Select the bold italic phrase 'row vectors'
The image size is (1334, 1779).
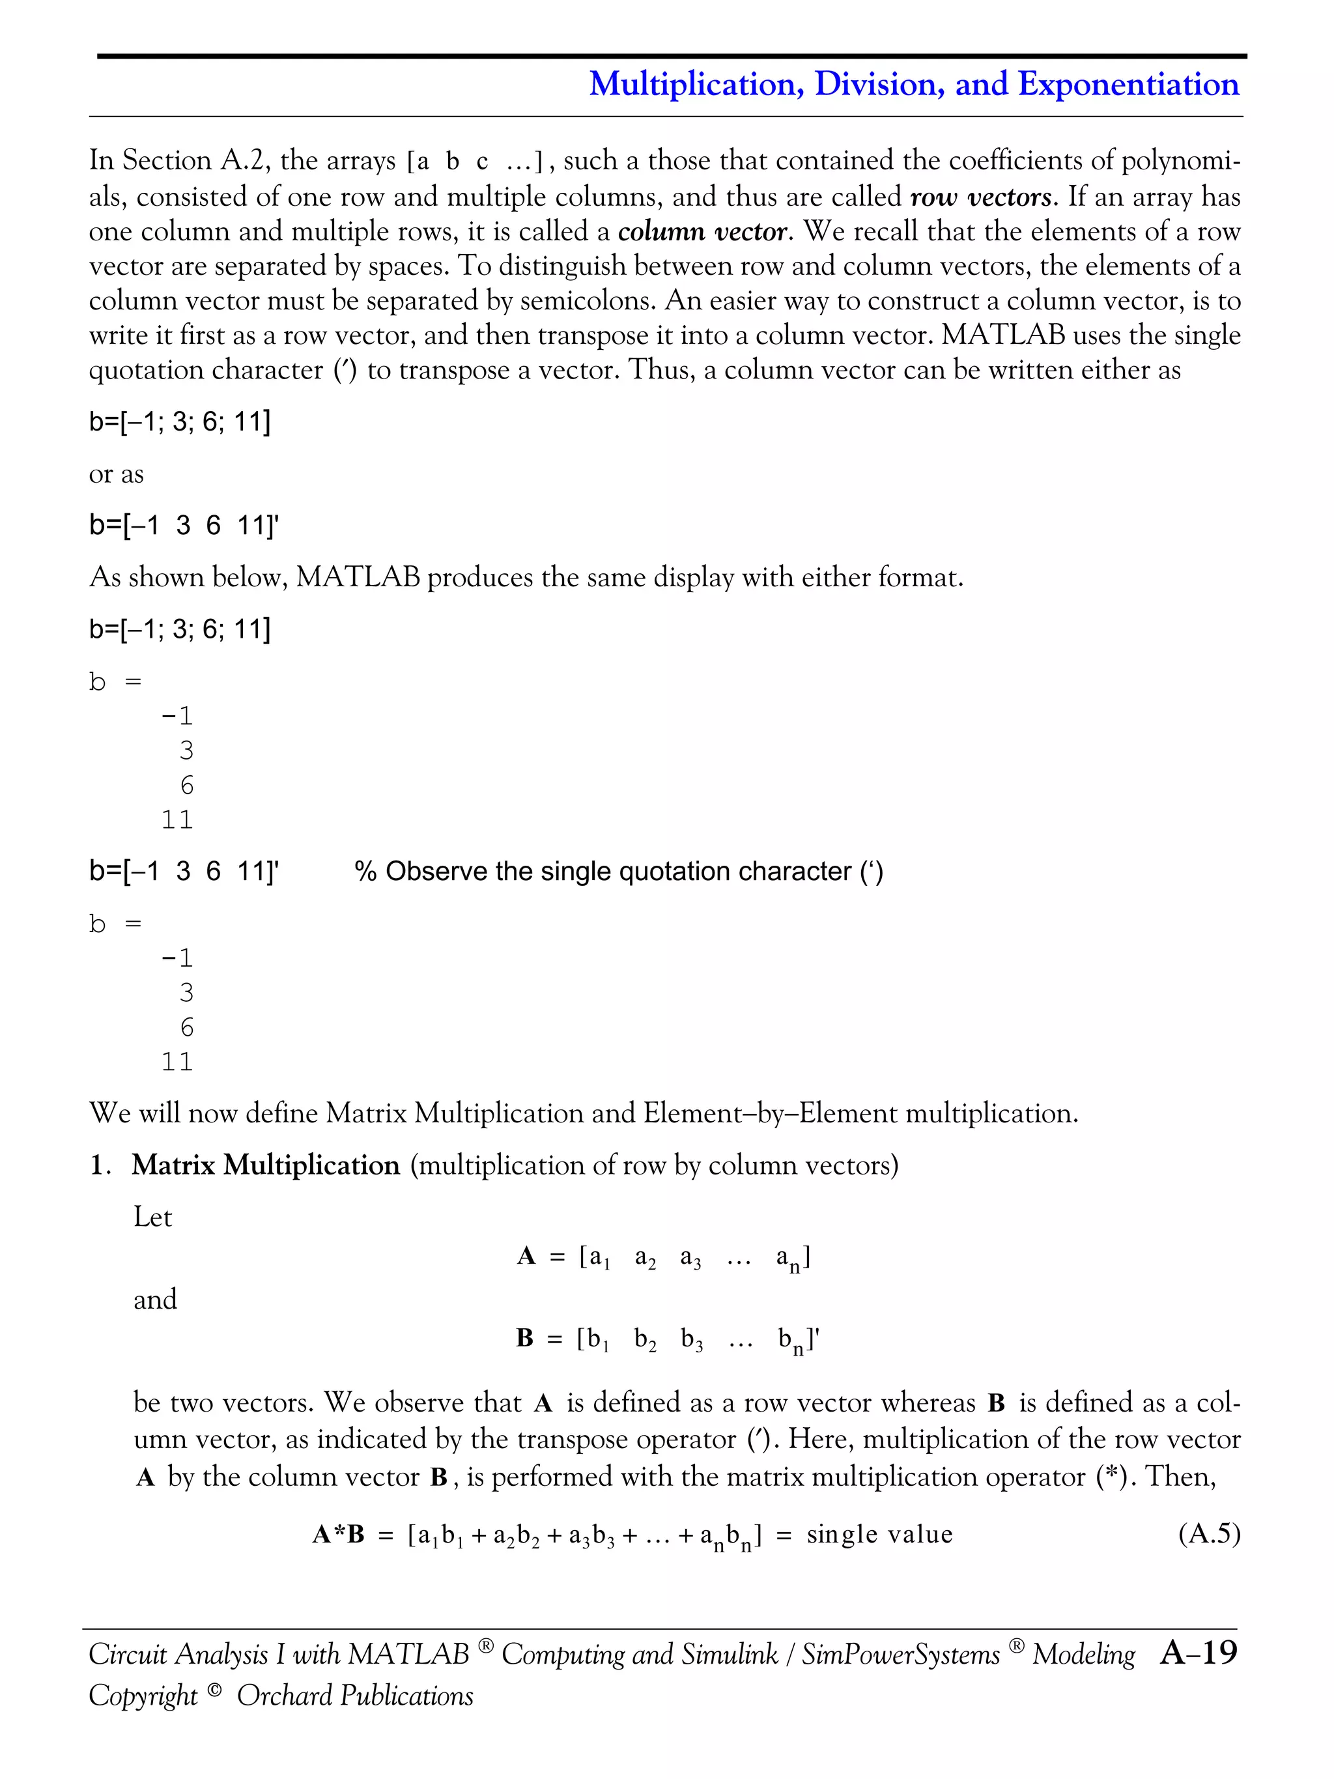point(981,197)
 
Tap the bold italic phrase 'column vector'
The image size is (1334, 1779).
point(702,232)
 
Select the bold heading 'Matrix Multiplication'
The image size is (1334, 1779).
point(265,1165)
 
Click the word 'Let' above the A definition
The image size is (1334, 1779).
point(153,1217)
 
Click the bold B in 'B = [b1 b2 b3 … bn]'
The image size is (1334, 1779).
point(525,1338)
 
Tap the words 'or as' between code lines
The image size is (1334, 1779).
point(116,474)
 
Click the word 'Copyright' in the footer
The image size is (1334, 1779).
point(143,1696)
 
